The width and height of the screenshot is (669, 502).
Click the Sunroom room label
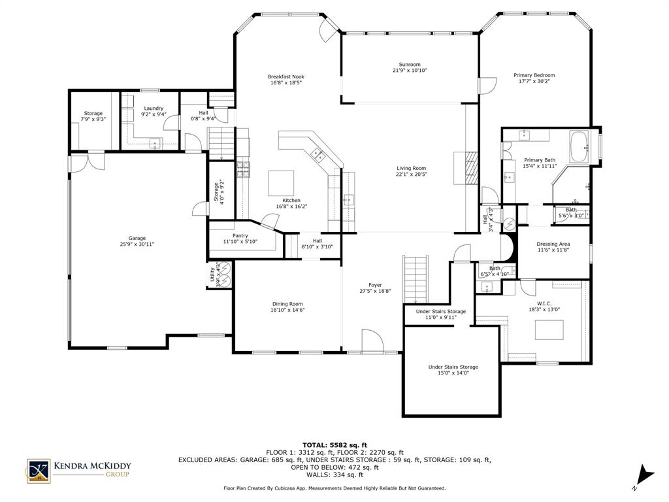tap(410, 64)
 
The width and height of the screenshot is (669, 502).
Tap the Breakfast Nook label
tap(286, 76)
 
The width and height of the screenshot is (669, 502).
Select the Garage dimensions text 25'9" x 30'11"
tap(137, 244)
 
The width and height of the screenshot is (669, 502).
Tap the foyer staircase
tap(416, 278)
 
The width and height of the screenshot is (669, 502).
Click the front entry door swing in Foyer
tap(372, 341)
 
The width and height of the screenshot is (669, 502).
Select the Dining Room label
tap(287, 304)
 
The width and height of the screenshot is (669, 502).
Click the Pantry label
tap(240, 236)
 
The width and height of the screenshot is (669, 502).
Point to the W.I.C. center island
tap(549, 330)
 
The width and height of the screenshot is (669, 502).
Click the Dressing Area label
tap(553, 244)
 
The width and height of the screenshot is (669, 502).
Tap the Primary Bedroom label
tap(534, 75)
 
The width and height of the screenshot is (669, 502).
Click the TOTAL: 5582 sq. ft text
tap(334, 444)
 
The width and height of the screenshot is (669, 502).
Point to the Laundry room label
tap(154, 109)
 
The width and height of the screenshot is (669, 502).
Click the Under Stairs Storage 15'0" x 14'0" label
tap(453, 367)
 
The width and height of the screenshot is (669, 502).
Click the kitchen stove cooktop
tap(243, 169)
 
